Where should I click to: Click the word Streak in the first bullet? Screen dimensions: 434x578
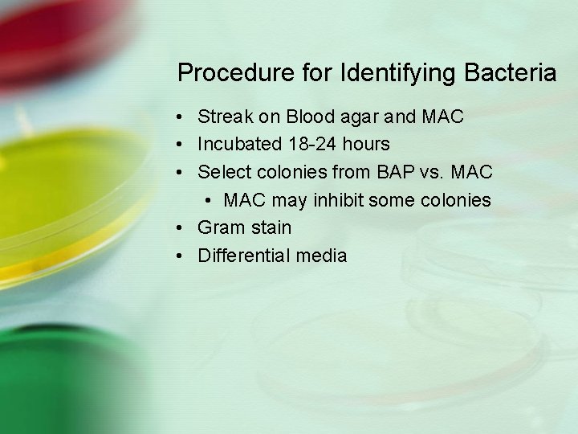(x=226, y=117)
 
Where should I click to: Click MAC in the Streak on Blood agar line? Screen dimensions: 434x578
(x=442, y=117)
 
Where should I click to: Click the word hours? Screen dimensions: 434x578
(x=368, y=144)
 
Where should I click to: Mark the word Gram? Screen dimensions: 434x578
(x=221, y=227)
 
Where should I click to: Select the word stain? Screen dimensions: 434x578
(x=270, y=227)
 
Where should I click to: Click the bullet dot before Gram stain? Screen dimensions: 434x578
(x=183, y=228)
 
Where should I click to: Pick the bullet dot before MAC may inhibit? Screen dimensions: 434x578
(x=210, y=200)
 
